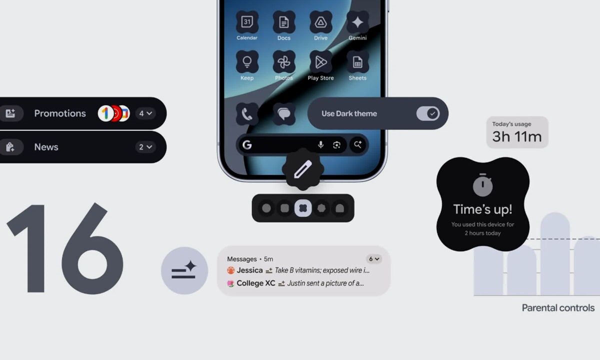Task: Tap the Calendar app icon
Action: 247,22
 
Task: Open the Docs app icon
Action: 284,22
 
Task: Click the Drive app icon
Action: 320,22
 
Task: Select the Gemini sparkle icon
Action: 357,22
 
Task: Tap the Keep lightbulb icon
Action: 247,62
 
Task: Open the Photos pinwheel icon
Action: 284,62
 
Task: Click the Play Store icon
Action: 320,62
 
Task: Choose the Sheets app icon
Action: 357,62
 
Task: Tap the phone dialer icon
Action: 247,114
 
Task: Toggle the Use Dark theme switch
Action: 428,113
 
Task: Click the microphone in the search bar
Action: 320,145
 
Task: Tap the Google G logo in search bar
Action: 247,145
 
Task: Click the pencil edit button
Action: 303,169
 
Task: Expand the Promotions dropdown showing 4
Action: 145,113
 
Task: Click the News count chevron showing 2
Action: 145,147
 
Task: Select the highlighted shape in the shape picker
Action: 303,208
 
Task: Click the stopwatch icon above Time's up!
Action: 482,185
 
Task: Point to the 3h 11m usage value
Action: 517,136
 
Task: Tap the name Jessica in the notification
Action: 249,270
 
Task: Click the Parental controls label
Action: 558,308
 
